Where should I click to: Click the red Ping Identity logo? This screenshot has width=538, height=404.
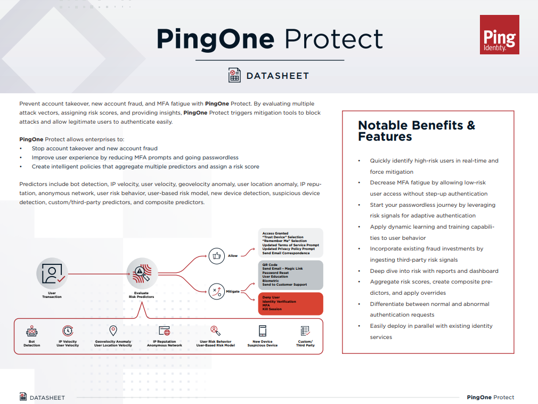tap(499, 34)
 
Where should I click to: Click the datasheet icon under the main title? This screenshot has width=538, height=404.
tap(234, 75)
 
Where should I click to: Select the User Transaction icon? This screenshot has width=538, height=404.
tap(52, 273)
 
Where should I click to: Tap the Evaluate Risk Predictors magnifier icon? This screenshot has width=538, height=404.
tap(142, 273)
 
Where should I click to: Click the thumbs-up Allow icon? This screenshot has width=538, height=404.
tap(216, 256)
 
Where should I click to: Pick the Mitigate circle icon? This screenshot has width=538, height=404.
tap(216, 292)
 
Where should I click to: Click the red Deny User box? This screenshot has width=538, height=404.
tap(291, 303)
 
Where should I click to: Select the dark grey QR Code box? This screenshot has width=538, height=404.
tap(291, 275)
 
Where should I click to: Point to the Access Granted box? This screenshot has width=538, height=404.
tap(291, 243)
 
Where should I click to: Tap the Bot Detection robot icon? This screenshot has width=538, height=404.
tap(31, 331)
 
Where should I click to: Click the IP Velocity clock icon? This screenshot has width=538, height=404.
tap(68, 330)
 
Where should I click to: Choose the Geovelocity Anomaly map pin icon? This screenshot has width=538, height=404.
tap(113, 330)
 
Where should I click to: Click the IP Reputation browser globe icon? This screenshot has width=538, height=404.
tap(165, 330)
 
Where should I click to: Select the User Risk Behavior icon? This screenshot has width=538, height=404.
tap(216, 330)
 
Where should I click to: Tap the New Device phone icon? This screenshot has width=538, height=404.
tap(263, 331)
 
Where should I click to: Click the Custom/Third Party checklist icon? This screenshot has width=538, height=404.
tap(305, 331)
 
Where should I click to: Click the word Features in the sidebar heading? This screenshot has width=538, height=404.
tap(385, 136)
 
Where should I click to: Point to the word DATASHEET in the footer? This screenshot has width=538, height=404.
tap(47, 398)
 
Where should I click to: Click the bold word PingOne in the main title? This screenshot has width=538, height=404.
tap(216, 39)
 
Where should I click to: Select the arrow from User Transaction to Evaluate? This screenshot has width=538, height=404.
tap(99, 274)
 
